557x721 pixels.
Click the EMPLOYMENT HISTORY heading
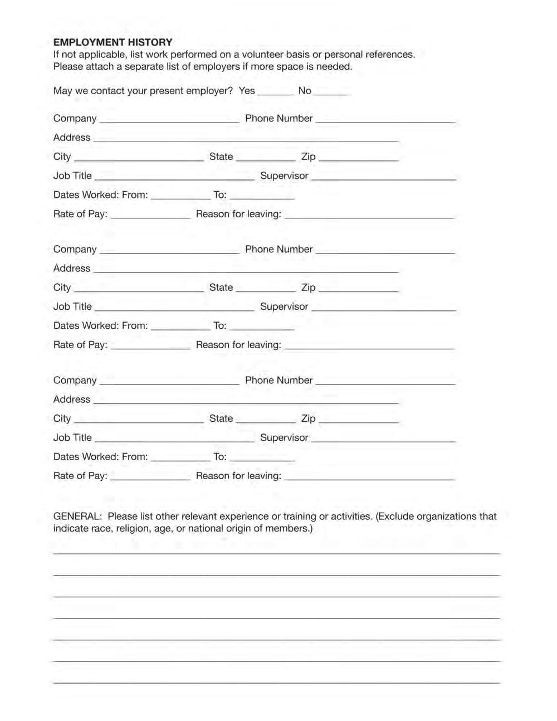(x=113, y=42)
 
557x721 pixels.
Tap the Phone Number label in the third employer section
(x=278, y=381)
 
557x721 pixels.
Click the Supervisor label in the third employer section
(x=284, y=438)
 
